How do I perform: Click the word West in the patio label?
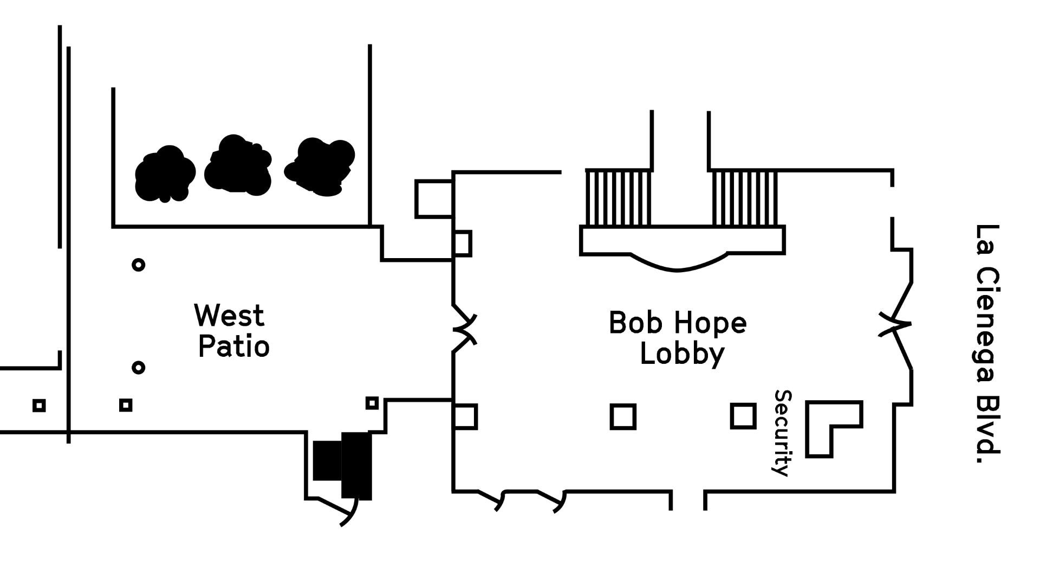pos(229,316)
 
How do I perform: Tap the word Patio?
pos(233,346)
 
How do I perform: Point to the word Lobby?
pos(682,355)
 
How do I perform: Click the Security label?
pos(782,433)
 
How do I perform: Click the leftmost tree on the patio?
pos(165,174)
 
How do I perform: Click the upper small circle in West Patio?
pos(139,265)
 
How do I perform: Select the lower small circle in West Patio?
pos(139,368)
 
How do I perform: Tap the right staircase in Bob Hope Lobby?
pos(744,198)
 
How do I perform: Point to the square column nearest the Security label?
pos(743,416)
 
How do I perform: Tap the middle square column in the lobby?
pos(623,417)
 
